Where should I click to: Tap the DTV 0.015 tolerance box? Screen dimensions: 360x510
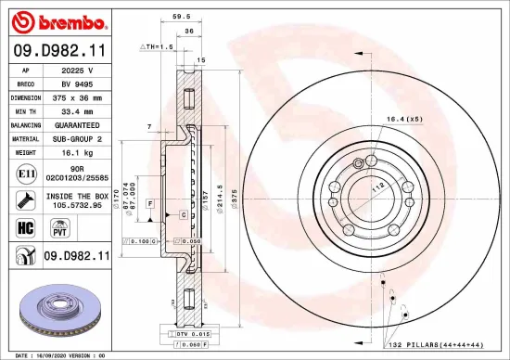(x=194, y=333)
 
